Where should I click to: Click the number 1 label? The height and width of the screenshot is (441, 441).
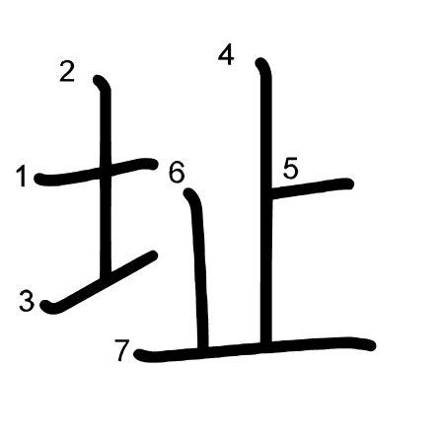[22, 177]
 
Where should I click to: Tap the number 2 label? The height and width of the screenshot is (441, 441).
[67, 72]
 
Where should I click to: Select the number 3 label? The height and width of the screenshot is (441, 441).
[27, 301]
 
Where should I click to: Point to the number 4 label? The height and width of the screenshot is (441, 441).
[226, 55]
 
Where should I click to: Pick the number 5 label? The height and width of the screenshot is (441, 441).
[290, 169]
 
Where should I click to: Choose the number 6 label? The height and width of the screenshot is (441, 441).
[177, 173]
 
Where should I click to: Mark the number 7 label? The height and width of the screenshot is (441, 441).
[121, 350]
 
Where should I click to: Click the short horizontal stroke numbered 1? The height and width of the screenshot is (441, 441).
[96, 172]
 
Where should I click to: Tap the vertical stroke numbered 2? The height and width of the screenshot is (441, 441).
[106, 175]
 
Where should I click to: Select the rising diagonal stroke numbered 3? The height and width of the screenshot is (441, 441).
[99, 282]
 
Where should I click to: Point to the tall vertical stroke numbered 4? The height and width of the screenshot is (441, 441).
[266, 202]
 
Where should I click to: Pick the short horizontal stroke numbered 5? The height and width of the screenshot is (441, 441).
[312, 188]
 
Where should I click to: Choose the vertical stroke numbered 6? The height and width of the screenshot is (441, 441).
[199, 268]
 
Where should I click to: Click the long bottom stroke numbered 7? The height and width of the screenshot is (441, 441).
[254, 349]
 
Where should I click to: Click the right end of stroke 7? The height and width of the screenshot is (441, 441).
[373, 346]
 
